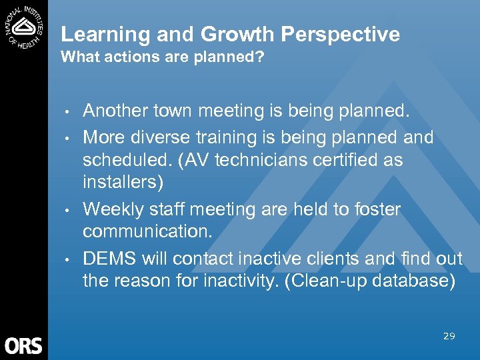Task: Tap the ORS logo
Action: (23, 346)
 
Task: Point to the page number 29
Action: (449, 336)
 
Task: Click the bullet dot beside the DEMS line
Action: (68, 259)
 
